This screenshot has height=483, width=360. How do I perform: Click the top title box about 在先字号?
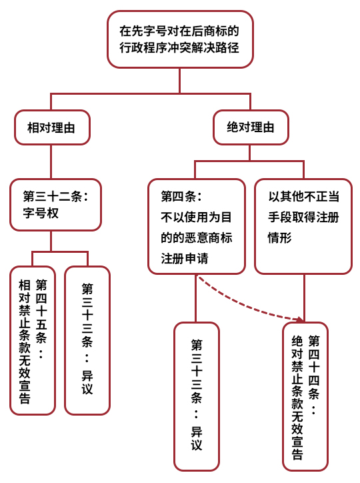(180, 39)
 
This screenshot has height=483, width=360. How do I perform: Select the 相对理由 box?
(52, 127)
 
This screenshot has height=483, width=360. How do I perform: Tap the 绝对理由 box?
(251, 127)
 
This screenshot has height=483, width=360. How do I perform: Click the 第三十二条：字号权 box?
(55, 205)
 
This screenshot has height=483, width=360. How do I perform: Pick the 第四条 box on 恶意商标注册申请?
(197, 226)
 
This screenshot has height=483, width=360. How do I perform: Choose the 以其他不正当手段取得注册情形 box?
(303, 226)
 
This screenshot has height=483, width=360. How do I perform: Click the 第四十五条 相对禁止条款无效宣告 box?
(33, 340)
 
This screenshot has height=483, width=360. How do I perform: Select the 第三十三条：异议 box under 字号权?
(87, 340)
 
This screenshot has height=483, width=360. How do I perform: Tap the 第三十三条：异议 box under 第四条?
(197, 396)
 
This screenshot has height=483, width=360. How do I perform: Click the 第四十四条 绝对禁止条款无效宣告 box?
(305, 396)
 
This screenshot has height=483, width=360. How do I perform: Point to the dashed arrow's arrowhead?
(300, 319)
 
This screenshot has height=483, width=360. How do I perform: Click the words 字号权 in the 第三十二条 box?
(41, 213)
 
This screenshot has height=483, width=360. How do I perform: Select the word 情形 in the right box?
(280, 237)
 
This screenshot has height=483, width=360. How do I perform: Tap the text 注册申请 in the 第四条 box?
(185, 258)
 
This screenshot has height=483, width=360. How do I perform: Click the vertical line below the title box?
(180, 81)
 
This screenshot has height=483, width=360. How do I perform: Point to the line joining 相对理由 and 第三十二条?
(51, 161)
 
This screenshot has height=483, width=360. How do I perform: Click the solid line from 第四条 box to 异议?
(196, 298)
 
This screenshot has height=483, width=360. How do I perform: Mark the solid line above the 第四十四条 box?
(304, 298)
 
